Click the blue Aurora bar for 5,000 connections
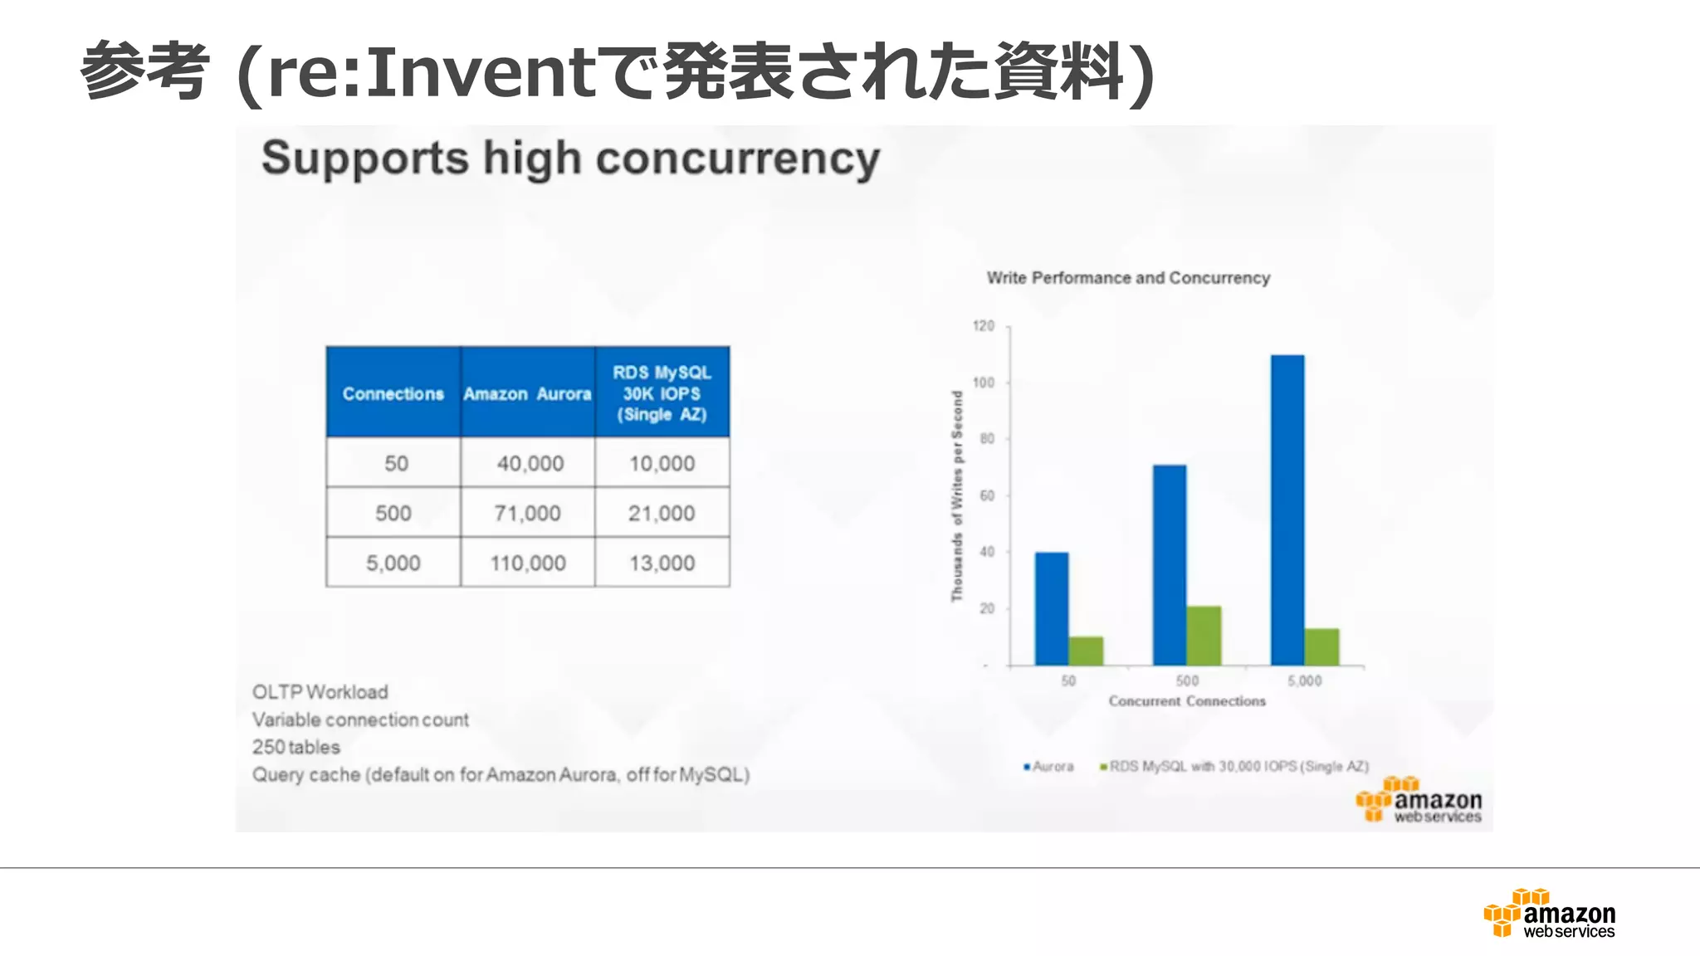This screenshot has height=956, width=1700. pos(1287,510)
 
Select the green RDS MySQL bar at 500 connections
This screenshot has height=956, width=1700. pos(1204,636)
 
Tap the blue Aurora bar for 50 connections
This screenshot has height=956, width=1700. pos(1051,608)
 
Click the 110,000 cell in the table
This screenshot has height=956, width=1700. pos(528,563)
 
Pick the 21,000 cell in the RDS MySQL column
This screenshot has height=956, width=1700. pos(662,513)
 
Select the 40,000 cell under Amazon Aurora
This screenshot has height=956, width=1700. pos(530,463)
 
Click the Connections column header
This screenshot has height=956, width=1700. pos(393,393)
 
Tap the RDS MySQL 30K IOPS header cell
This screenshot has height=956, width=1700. pos(662,393)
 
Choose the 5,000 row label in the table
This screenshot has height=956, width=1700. pos(393,563)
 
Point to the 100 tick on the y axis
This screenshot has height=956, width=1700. pos(984,383)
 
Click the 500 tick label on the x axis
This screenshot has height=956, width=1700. pos(1187,680)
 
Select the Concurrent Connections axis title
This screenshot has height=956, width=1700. pos(1187,701)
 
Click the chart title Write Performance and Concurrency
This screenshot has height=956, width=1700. pos(1128,278)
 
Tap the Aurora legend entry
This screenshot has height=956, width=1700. pos(1049,767)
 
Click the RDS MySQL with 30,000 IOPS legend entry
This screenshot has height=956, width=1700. pos(1234,767)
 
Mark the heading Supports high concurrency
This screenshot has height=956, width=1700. pos(570,159)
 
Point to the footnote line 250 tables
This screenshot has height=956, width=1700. pos(296,747)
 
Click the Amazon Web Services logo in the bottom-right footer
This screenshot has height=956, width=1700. pos(1550,914)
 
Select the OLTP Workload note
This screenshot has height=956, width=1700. pos(320,692)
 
